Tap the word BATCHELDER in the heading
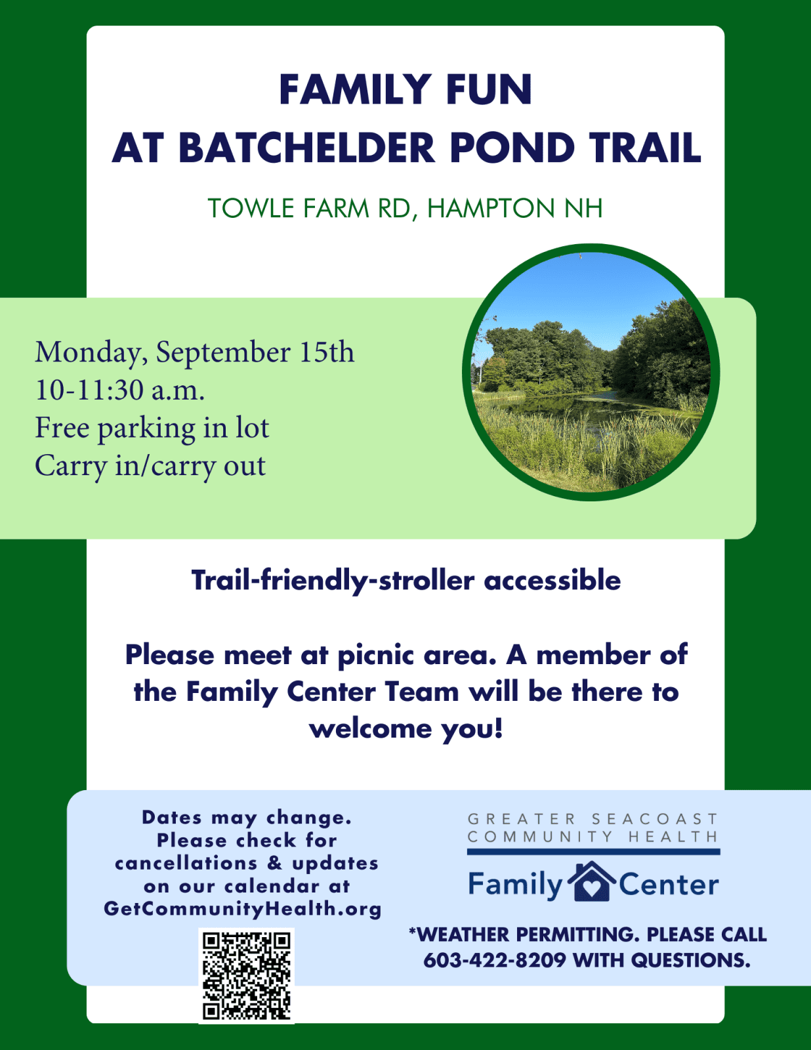pos(307,148)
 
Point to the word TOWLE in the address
pos(251,208)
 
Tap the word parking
pos(146,429)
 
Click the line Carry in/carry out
pos(150,467)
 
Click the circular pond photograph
pos(591,372)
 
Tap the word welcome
pos(370,728)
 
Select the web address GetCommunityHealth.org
pos(243,909)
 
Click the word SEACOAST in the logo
pos(654,819)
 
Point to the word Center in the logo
pos(669,884)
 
